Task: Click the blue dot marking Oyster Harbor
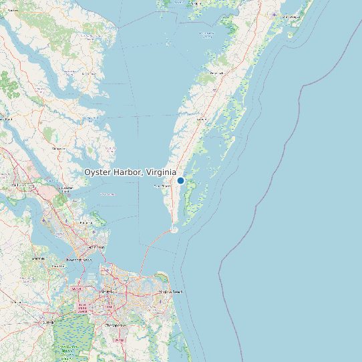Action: pos(180,180)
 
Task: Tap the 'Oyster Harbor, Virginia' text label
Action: pos(130,172)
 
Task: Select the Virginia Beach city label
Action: pos(170,293)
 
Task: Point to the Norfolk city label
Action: pos(108,292)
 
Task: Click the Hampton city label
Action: pos(97,247)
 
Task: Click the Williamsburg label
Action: pos(23,185)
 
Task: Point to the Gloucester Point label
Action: pos(65,188)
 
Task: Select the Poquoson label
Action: pos(85,222)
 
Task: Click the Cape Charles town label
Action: pos(162,186)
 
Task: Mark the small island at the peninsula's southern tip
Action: pos(174,230)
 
